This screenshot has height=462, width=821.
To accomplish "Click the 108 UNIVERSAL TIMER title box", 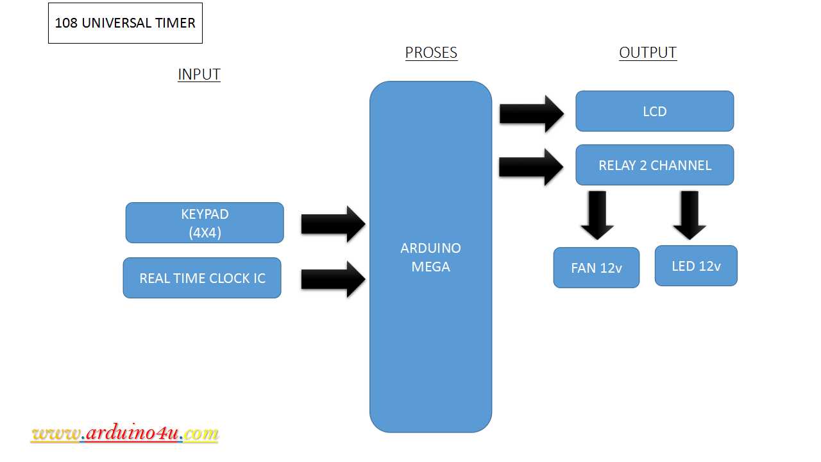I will (125, 23).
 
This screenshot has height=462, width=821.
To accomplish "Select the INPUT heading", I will (199, 74).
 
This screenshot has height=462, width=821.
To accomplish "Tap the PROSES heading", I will (431, 53).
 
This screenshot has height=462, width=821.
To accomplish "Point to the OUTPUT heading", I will (648, 53).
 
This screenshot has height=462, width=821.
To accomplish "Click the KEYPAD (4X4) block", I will (205, 223).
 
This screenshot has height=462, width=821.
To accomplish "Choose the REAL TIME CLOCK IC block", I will (202, 278).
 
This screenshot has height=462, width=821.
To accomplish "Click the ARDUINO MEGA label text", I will (430, 257).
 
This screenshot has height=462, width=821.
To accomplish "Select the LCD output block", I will (654, 111).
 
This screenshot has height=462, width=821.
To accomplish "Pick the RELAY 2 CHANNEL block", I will (654, 165).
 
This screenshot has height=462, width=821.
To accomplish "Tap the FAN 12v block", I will (597, 268).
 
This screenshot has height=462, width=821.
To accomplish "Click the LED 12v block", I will (696, 266).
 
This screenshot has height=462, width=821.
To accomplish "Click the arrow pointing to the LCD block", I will (531, 114).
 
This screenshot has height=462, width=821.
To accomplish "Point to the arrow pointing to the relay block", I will (531, 167).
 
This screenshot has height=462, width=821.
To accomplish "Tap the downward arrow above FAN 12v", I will (597, 215).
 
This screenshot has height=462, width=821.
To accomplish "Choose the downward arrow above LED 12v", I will (690, 215).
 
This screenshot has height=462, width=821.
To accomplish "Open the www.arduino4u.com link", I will (125, 434).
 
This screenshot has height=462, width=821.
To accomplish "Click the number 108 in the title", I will (66, 23).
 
